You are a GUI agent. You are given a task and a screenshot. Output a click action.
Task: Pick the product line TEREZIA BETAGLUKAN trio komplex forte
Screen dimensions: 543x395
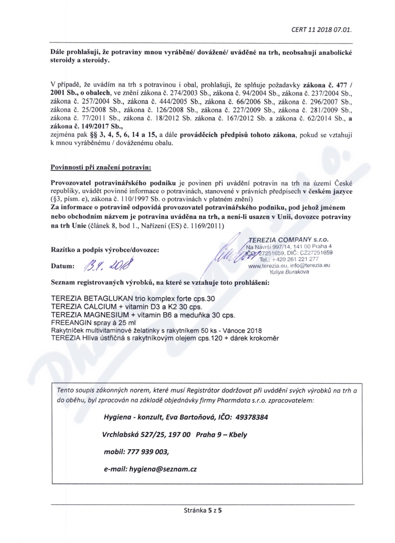pyautogui.click(x=133, y=300)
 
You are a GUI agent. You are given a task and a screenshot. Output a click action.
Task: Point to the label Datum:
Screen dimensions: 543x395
pyautogui.click(x=63, y=267)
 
